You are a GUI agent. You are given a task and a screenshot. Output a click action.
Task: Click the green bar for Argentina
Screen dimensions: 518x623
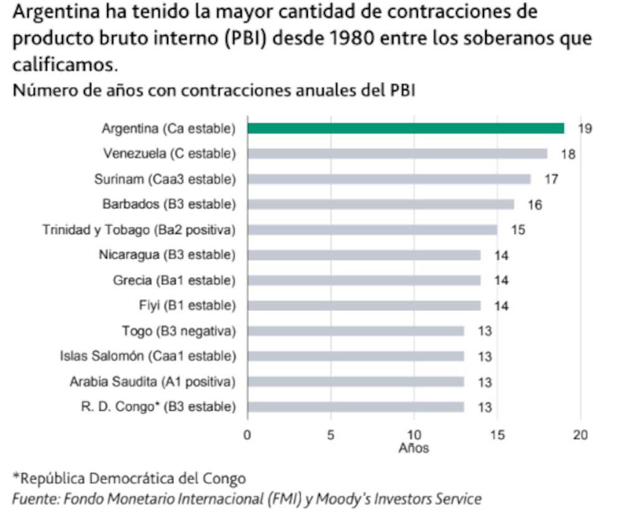406,128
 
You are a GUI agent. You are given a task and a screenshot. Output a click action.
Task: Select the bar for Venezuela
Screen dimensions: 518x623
397,154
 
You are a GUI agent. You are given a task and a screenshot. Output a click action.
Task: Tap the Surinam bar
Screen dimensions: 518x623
389,180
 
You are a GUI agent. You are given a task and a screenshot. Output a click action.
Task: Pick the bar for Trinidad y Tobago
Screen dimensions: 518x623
372,230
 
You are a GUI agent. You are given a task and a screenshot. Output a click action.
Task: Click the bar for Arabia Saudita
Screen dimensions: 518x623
355,382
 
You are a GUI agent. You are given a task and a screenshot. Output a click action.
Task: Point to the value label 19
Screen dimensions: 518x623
584,129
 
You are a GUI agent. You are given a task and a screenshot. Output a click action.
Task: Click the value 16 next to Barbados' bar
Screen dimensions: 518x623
535,205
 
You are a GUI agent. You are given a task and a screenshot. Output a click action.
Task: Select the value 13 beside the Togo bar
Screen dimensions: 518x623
484,332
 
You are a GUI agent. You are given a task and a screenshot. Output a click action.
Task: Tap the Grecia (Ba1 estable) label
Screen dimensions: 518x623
174,281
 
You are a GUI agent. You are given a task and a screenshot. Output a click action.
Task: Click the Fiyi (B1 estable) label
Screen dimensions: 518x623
187,306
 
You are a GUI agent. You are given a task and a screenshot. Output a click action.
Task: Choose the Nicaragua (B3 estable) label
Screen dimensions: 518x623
167,255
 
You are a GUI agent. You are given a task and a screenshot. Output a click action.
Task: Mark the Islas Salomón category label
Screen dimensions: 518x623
148,357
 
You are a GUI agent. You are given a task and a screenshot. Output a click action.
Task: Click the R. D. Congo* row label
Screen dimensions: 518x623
158,408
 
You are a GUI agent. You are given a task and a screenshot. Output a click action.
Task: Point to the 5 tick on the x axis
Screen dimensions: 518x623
331,434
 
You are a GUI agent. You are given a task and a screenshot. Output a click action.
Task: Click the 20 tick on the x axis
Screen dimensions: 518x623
581,434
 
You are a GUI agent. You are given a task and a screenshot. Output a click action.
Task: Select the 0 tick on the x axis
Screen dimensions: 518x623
247,434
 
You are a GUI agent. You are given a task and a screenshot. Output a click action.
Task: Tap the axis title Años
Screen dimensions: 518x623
414,448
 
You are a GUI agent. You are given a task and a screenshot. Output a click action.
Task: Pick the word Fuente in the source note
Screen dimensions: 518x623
32,499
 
